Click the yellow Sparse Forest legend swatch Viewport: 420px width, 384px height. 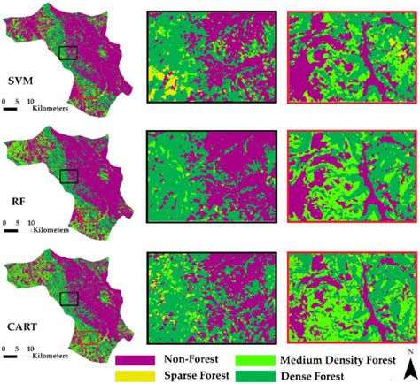click(135, 375)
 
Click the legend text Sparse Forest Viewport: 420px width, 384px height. click(191, 376)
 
